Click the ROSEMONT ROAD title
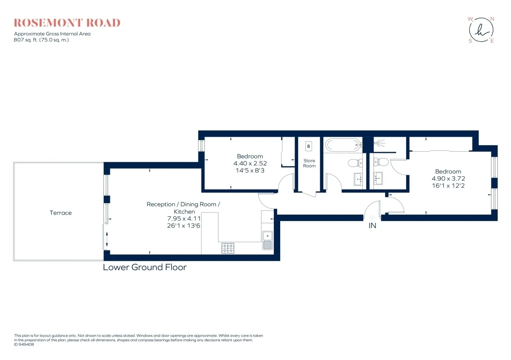67,23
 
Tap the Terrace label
60,213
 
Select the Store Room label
309,163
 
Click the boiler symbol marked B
309,146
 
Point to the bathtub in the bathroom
344,145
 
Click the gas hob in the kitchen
228,248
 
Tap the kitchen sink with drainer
267,240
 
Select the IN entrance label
372,225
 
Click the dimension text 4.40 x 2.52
250,163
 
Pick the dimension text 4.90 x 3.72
448,178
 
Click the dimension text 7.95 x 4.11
184,219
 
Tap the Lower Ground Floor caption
145,267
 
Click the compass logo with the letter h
481,30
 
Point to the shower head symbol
379,143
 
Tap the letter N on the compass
492,19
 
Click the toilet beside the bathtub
355,163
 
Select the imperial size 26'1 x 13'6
184,225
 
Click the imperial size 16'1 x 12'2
448,185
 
